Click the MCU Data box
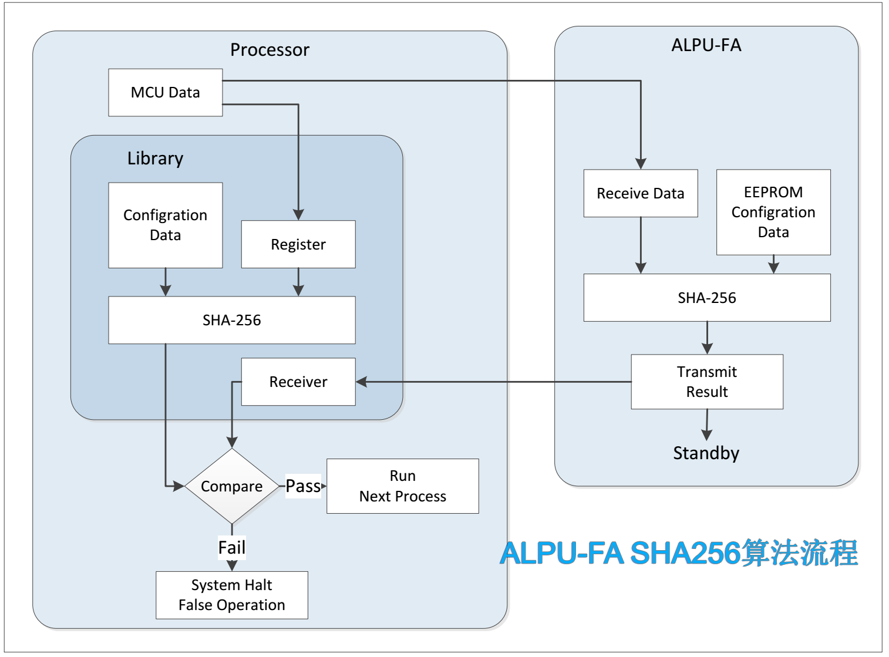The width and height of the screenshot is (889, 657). (x=165, y=92)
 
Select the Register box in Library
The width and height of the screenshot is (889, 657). (x=298, y=244)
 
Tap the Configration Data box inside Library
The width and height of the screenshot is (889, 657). (x=165, y=225)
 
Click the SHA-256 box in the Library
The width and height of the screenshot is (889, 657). (x=231, y=320)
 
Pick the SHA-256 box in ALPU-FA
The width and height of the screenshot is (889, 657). (x=706, y=298)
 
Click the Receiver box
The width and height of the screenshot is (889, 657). (x=298, y=382)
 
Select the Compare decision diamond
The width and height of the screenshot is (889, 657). (x=232, y=486)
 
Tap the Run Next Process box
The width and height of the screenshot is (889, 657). (x=402, y=486)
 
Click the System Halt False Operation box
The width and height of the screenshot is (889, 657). (x=231, y=595)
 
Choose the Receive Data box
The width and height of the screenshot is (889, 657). (x=640, y=193)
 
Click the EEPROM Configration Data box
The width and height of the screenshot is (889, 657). (x=773, y=212)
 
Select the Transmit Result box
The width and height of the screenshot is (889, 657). (x=706, y=382)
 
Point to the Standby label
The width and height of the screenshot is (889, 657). (x=706, y=453)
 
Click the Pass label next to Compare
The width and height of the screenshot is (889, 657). (x=303, y=486)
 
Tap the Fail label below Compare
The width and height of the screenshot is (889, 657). (x=232, y=548)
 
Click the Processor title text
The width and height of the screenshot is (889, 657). (x=270, y=50)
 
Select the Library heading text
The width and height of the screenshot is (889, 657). (x=155, y=159)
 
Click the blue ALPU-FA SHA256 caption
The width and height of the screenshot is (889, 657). (x=679, y=553)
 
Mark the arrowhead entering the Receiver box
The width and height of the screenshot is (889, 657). (x=362, y=382)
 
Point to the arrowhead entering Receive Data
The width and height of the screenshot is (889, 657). (x=641, y=164)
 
